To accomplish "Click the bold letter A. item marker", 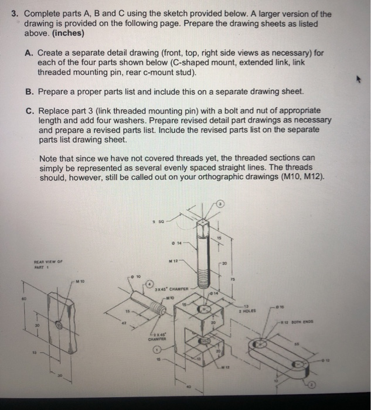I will coord(29,53).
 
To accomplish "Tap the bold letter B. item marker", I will coord(29,92).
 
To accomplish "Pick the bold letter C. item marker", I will coord(29,110).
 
